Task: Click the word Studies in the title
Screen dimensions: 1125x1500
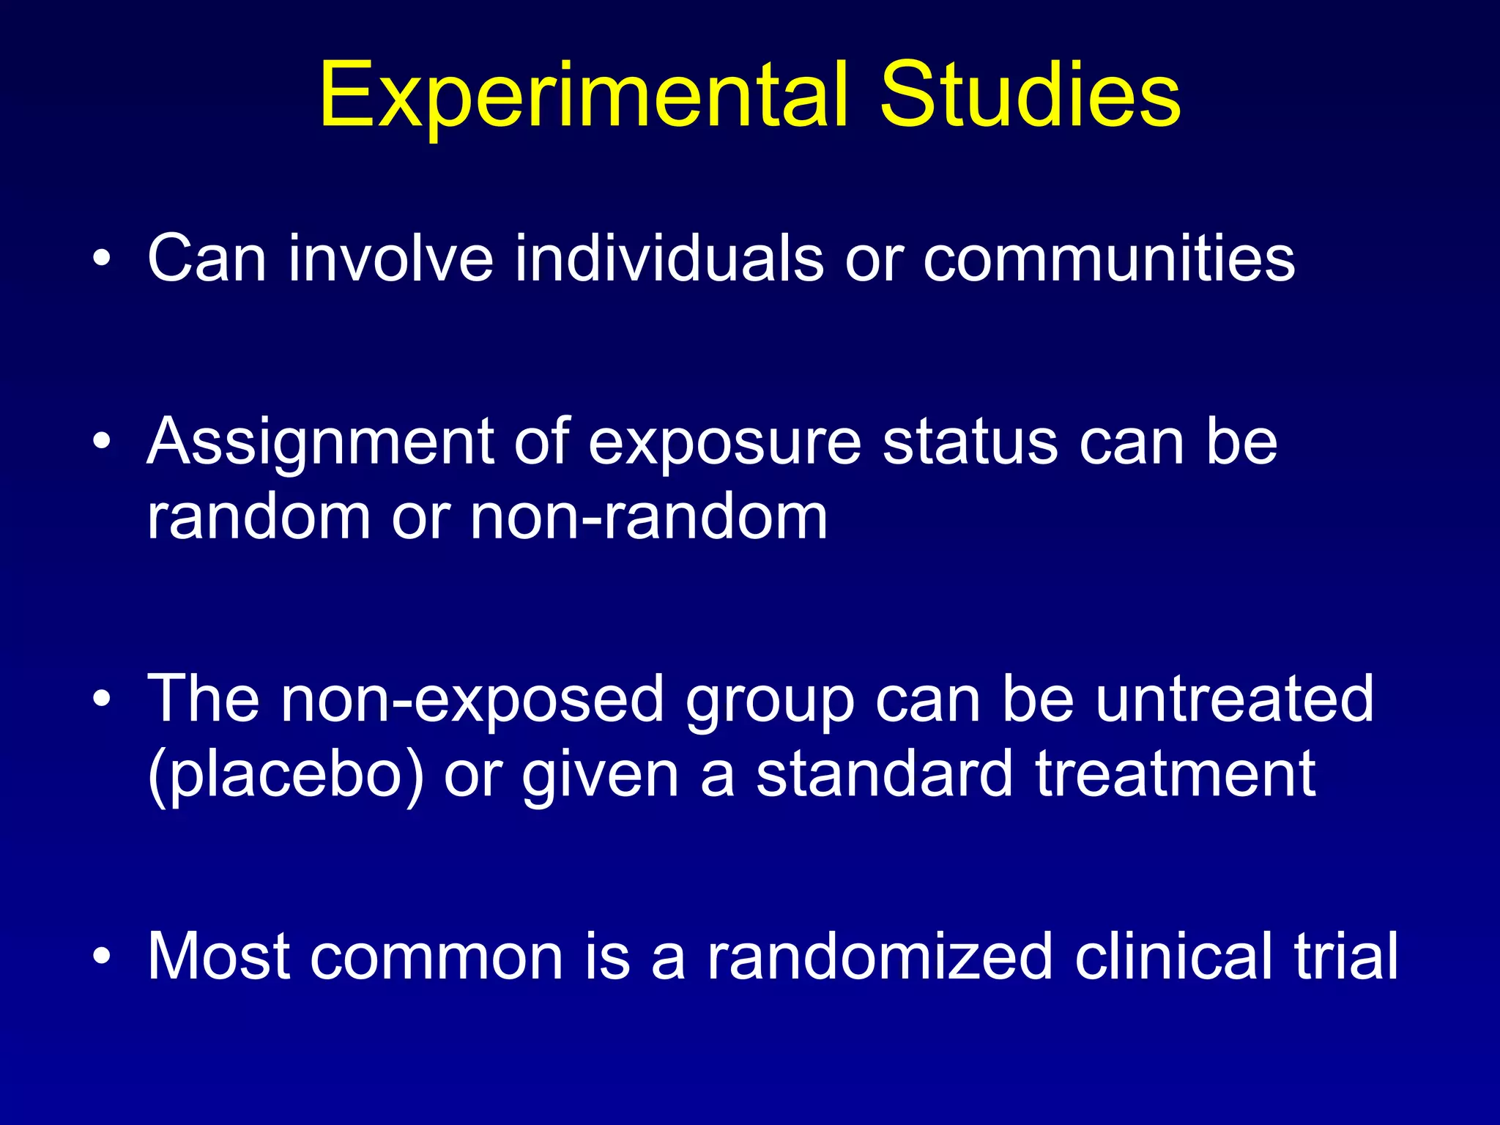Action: click(1029, 95)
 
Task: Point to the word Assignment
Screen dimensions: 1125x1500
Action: click(321, 444)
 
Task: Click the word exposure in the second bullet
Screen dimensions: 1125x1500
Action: click(724, 444)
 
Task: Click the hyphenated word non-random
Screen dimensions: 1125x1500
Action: click(648, 517)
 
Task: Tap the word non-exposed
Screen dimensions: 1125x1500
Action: click(472, 699)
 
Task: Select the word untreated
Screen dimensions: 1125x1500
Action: click(1234, 699)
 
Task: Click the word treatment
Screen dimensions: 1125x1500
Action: click(1176, 775)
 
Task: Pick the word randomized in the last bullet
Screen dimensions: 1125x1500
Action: click(880, 956)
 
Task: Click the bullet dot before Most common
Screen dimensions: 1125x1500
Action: click(102, 957)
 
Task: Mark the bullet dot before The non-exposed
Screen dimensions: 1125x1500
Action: click(102, 700)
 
